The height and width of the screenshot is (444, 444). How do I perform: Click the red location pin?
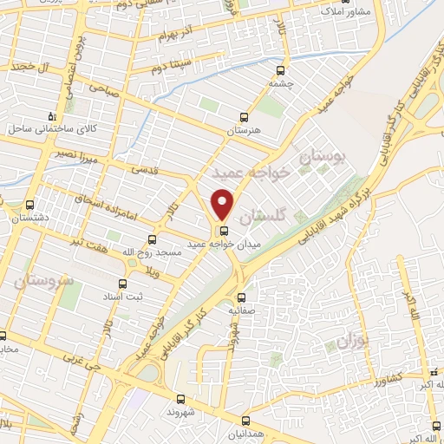point(223,205)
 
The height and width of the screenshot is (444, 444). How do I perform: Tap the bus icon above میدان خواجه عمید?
point(225,231)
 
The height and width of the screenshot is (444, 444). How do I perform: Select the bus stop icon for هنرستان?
point(244,117)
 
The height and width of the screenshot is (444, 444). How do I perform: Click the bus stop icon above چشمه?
point(278,71)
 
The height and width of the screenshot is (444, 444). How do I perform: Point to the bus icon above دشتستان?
point(30,206)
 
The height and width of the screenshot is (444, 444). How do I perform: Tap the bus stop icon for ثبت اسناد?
point(121,284)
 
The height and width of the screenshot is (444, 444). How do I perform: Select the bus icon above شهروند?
point(180,400)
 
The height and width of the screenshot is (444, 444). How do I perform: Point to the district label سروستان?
point(41,281)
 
